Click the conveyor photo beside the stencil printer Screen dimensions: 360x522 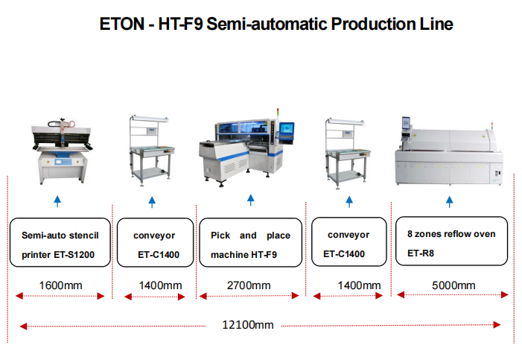[x=152, y=149]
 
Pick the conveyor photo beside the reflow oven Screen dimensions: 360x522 [x=347, y=149]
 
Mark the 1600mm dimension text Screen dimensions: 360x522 [x=60, y=285]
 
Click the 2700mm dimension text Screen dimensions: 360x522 [x=249, y=285]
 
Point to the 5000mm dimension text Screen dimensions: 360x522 [x=453, y=285]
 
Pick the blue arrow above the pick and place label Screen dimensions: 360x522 [x=250, y=200]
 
